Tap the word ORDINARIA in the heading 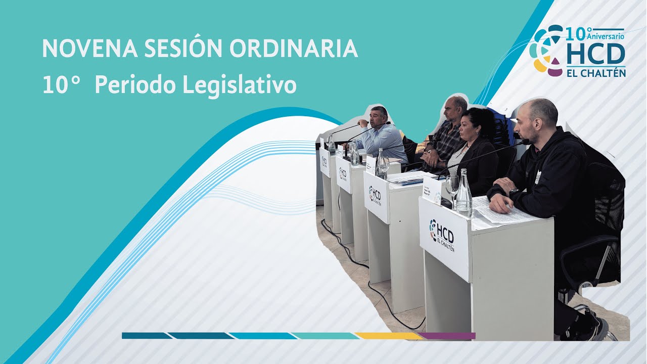tap(294, 49)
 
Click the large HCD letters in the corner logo tap(596, 54)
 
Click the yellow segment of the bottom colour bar tap(388, 336)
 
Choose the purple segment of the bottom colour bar tap(447, 336)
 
